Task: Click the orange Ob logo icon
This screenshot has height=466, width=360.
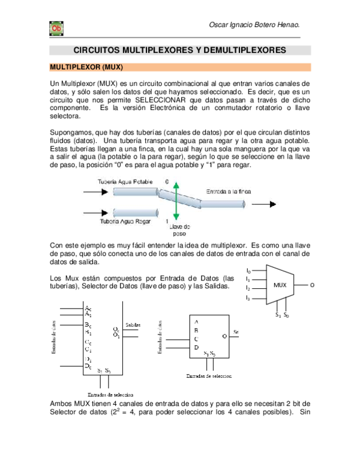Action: (x=56, y=28)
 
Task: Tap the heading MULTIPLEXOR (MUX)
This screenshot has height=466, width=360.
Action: (x=86, y=68)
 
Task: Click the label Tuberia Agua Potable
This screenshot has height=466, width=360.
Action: (x=125, y=181)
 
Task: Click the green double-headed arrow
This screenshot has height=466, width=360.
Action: (x=175, y=202)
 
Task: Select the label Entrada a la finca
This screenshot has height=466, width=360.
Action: (x=229, y=191)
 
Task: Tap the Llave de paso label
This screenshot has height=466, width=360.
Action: (x=179, y=230)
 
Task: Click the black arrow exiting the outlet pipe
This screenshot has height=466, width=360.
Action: (x=264, y=204)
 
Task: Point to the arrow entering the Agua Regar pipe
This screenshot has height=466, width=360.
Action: (x=96, y=212)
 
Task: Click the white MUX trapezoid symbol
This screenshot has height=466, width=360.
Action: (x=280, y=285)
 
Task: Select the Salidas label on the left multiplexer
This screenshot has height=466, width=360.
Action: (x=133, y=324)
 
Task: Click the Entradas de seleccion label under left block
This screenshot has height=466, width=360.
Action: (x=110, y=395)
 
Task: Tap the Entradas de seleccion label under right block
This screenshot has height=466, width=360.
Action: (x=209, y=375)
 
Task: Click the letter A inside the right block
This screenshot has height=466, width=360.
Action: (x=196, y=322)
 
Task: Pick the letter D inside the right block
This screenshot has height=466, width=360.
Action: (x=196, y=347)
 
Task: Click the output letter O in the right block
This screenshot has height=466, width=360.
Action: (x=224, y=336)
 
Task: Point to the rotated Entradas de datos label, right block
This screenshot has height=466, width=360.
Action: (x=160, y=340)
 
